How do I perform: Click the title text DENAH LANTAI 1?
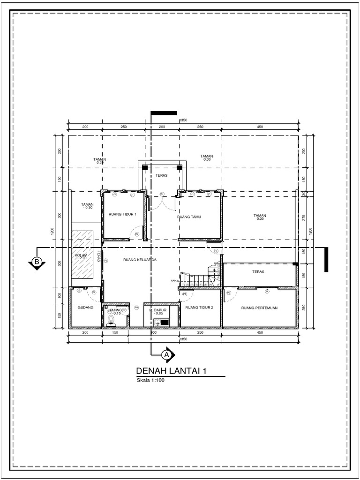(x=171, y=371)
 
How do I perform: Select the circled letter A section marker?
(x=165, y=355)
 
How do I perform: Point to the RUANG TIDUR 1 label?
(x=122, y=214)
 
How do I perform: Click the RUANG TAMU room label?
(x=189, y=217)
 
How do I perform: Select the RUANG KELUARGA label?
(x=140, y=259)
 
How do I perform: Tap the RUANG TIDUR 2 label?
(x=199, y=308)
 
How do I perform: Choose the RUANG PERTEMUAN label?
(x=260, y=308)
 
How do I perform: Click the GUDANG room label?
(x=86, y=308)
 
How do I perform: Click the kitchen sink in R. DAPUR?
(x=162, y=322)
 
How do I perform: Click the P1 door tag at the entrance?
(x=162, y=194)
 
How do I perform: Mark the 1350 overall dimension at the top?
(x=183, y=120)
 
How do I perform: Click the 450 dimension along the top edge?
(x=260, y=127)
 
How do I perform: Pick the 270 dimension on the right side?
(x=304, y=217)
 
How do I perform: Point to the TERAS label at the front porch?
(x=161, y=175)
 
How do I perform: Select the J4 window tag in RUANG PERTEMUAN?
(x=267, y=292)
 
